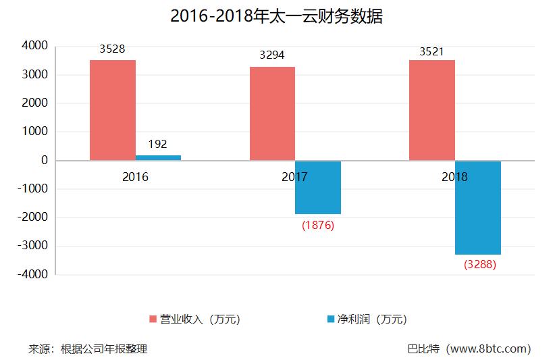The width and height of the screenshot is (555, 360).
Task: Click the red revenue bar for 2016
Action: point(113,110)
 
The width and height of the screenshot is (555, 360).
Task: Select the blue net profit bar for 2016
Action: point(158,157)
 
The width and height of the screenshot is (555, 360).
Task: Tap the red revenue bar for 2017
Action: point(272,113)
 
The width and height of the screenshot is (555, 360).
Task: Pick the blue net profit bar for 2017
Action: point(318,187)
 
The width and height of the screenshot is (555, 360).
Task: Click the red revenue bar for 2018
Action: point(432,110)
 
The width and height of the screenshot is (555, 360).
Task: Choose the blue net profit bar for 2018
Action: point(478,207)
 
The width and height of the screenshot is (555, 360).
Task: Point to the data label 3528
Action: point(112,49)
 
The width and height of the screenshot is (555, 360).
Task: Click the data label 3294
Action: point(272,55)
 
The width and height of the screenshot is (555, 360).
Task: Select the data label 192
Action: point(157,144)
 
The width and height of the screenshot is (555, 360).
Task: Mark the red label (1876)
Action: point(318,225)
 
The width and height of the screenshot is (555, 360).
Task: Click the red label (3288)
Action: point(479,265)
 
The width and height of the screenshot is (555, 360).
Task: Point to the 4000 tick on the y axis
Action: point(34,46)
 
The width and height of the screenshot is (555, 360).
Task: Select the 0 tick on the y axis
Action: point(44,161)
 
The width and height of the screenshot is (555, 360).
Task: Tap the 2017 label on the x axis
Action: point(294,177)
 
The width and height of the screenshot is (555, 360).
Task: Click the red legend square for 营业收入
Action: point(153,319)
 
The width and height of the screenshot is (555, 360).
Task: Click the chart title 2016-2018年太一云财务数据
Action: point(277,17)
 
